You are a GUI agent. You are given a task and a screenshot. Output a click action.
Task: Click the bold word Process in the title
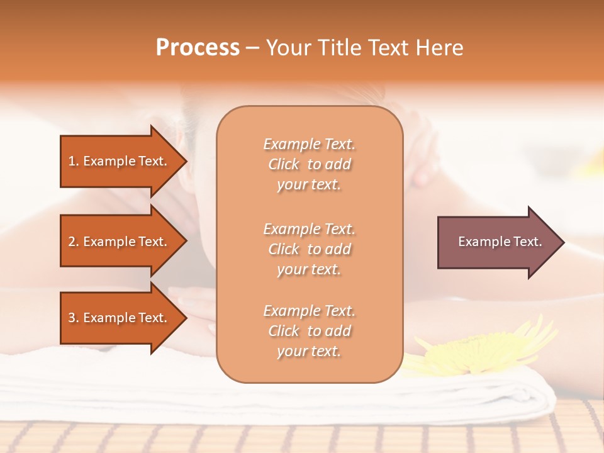[198, 48]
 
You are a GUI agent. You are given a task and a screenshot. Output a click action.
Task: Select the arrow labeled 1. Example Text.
[120, 161]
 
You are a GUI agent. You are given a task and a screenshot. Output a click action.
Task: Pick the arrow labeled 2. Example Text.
[120, 242]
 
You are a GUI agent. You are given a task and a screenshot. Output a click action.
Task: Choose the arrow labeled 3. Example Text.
[120, 318]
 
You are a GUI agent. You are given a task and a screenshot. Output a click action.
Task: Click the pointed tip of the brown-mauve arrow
[561, 242]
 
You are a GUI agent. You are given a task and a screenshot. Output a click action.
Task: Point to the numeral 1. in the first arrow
[74, 161]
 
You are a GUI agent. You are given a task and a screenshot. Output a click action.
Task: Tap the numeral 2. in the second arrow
[74, 242]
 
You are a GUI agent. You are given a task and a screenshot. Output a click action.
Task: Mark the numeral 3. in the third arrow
[74, 318]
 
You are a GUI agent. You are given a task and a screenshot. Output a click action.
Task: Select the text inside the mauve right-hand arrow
[500, 242]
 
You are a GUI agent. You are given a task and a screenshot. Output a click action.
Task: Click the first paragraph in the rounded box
[309, 164]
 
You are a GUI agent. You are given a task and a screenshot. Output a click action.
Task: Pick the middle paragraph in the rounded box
[309, 249]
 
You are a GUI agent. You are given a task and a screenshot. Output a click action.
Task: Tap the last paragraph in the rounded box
[309, 331]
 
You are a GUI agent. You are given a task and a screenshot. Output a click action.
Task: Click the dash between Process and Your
[252, 48]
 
